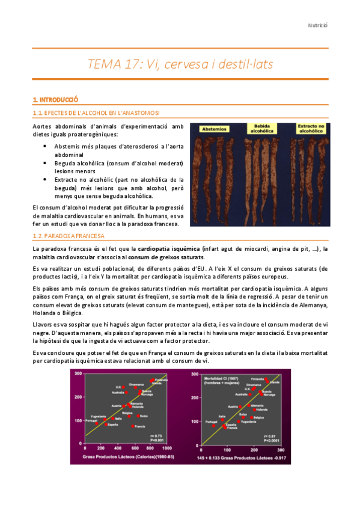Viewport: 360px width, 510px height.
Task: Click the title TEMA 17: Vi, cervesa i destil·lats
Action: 179,66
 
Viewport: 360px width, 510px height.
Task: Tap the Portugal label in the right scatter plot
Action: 210,422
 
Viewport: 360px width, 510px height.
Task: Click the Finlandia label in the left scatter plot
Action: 161,380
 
